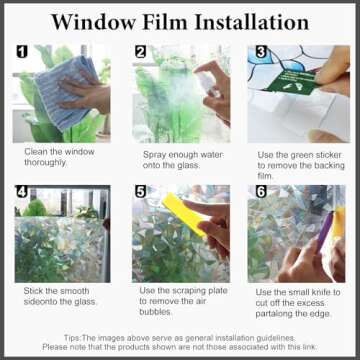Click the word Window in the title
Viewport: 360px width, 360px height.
[x=88, y=21]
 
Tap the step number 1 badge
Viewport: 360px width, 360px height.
[x=20, y=51]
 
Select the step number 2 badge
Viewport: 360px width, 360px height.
[x=141, y=51]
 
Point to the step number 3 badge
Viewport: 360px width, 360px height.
[x=260, y=51]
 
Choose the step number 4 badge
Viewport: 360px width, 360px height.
[x=20, y=191]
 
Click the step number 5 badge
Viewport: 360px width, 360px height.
[x=141, y=191]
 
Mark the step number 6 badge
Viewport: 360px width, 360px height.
[x=260, y=191]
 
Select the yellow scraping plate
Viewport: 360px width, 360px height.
[x=181, y=214]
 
